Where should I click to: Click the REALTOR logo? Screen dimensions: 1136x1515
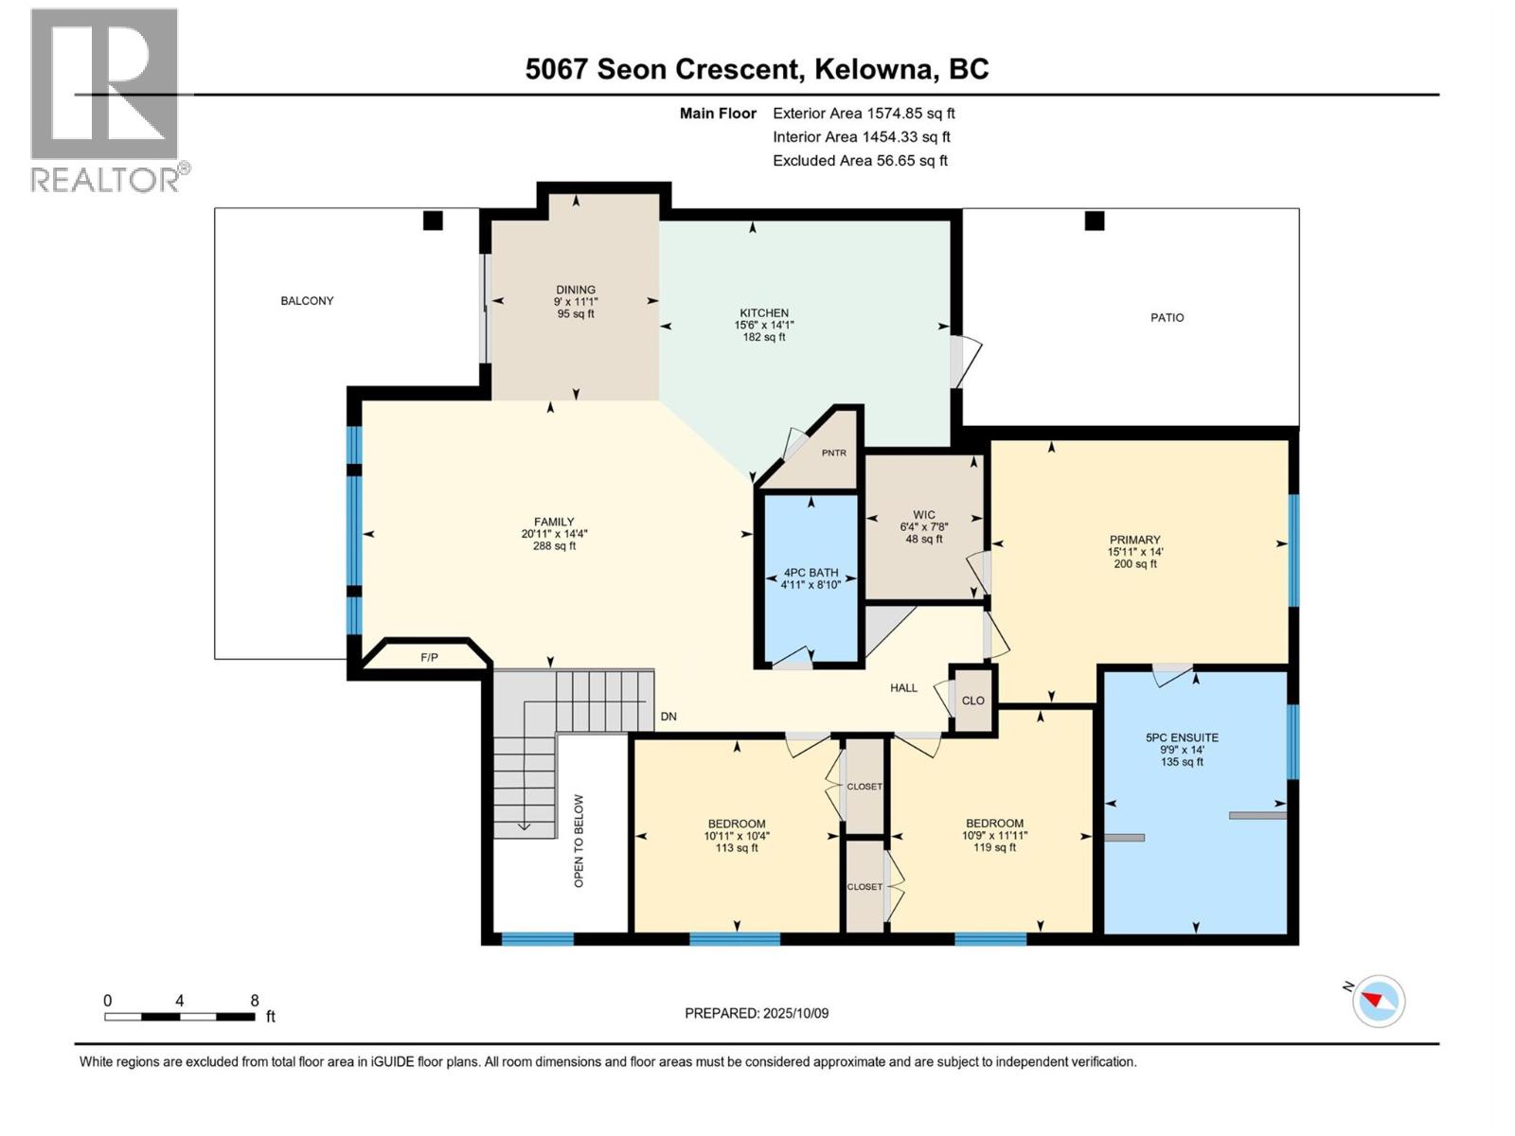pyautogui.click(x=105, y=98)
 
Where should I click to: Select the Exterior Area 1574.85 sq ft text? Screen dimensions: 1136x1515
pyautogui.click(x=863, y=114)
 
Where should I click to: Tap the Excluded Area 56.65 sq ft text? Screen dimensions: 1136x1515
pyautogui.click(x=860, y=161)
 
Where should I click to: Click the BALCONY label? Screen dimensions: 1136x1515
pyautogui.click(x=307, y=301)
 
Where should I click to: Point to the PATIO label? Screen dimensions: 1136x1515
pyautogui.click(x=1167, y=318)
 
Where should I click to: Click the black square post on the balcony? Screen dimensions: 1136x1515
pyautogui.click(x=433, y=221)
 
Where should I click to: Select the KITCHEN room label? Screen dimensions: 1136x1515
pyautogui.click(x=764, y=313)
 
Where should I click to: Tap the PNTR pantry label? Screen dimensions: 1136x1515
pyautogui.click(x=833, y=453)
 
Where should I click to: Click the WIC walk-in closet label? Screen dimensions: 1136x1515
pyautogui.click(x=924, y=515)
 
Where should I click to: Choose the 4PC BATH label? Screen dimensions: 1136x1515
pyautogui.click(x=811, y=573)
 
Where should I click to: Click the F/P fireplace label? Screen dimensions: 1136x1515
pyautogui.click(x=429, y=657)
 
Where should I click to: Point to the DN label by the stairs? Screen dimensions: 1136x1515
pyautogui.click(x=668, y=717)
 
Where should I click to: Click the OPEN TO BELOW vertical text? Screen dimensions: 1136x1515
pyautogui.click(x=579, y=841)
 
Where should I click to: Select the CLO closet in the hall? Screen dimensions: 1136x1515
pyautogui.click(x=973, y=701)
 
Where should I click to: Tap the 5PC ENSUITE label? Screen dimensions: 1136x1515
pyautogui.click(x=1182, y=737)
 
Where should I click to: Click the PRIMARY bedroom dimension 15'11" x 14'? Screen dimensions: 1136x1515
pyautogui.click(x=1135, y=552)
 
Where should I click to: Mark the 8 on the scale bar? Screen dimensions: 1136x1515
pyautogui.click(x=254, y=1001)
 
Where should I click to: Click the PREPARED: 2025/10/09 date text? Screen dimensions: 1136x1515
pyautogui.click(x=757, y=1014)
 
